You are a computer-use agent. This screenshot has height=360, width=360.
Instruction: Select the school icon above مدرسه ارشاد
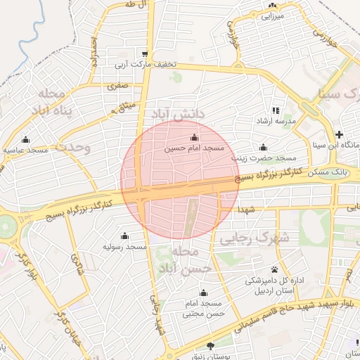pyautogui.click(x=276, y=110)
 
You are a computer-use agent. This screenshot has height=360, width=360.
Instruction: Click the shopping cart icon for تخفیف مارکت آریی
pyautogui.click(x=145, y=53)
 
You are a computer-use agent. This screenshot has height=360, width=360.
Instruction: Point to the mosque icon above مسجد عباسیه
pyautogui.click(x=26, y=139)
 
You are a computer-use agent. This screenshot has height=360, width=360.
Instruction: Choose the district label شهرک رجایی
pyautogui.click(x=255, y=238)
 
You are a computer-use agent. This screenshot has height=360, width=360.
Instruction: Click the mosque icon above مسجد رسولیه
pyautogui.click(x=125, y=236)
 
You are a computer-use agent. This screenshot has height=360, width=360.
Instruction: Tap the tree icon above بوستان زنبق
pyautogui.click(x=211, y=345)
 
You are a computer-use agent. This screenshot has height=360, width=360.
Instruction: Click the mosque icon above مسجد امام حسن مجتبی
pyautogui.click(x=204, y=292)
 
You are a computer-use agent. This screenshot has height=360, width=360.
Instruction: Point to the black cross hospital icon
pyautogui.click(x=339, y=134)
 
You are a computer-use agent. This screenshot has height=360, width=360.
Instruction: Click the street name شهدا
pyautogui.click(x=246, y=211)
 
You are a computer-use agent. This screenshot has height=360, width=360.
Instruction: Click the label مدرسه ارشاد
pyautogui.click(x=276, y=122)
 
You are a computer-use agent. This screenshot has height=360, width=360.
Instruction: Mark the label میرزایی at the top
pyautogui.click(x=271, y=15)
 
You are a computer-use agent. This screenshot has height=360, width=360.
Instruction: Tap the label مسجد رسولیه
pyautogui.click(x=125, y=247)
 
